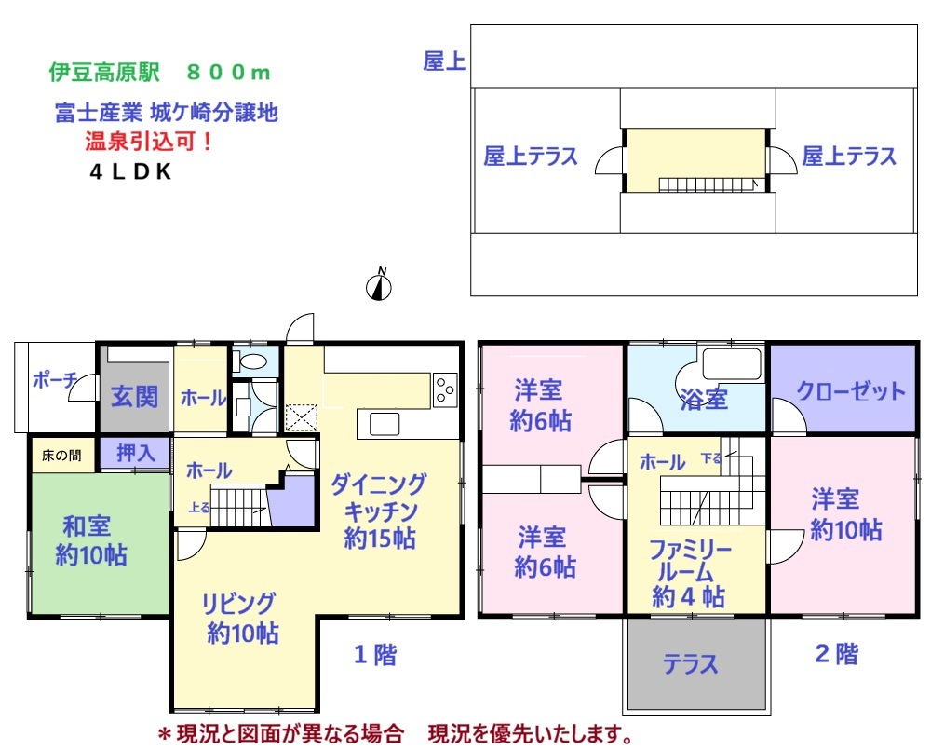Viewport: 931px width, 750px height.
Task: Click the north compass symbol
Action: [379, 285]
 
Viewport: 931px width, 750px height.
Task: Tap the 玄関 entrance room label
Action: [135, 396]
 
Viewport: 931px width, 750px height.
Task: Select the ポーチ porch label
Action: [55, 380]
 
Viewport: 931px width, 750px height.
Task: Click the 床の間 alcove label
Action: [61, 456]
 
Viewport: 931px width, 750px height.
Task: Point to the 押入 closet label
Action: [136, 453]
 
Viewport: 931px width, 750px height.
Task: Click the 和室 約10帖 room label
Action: [91, 540]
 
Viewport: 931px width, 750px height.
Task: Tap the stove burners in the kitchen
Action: [445, 389]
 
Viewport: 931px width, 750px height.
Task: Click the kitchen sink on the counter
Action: [385, 424]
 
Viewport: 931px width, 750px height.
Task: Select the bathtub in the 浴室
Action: [732, 363]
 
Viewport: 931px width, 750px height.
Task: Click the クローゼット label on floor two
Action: [850, 391]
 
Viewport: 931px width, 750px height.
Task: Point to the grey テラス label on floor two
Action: [690, 664]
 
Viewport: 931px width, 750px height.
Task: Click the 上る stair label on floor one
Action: [199, 508]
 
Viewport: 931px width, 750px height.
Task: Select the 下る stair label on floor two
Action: [710, 458]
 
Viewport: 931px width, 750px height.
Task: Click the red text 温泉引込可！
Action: [149, 142]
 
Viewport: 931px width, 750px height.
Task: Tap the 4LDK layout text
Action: [130, 171]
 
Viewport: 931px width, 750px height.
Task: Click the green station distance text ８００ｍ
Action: [229, 73]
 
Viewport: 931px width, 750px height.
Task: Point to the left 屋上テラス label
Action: [531, 156]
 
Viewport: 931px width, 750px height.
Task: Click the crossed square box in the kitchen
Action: [301, 417]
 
